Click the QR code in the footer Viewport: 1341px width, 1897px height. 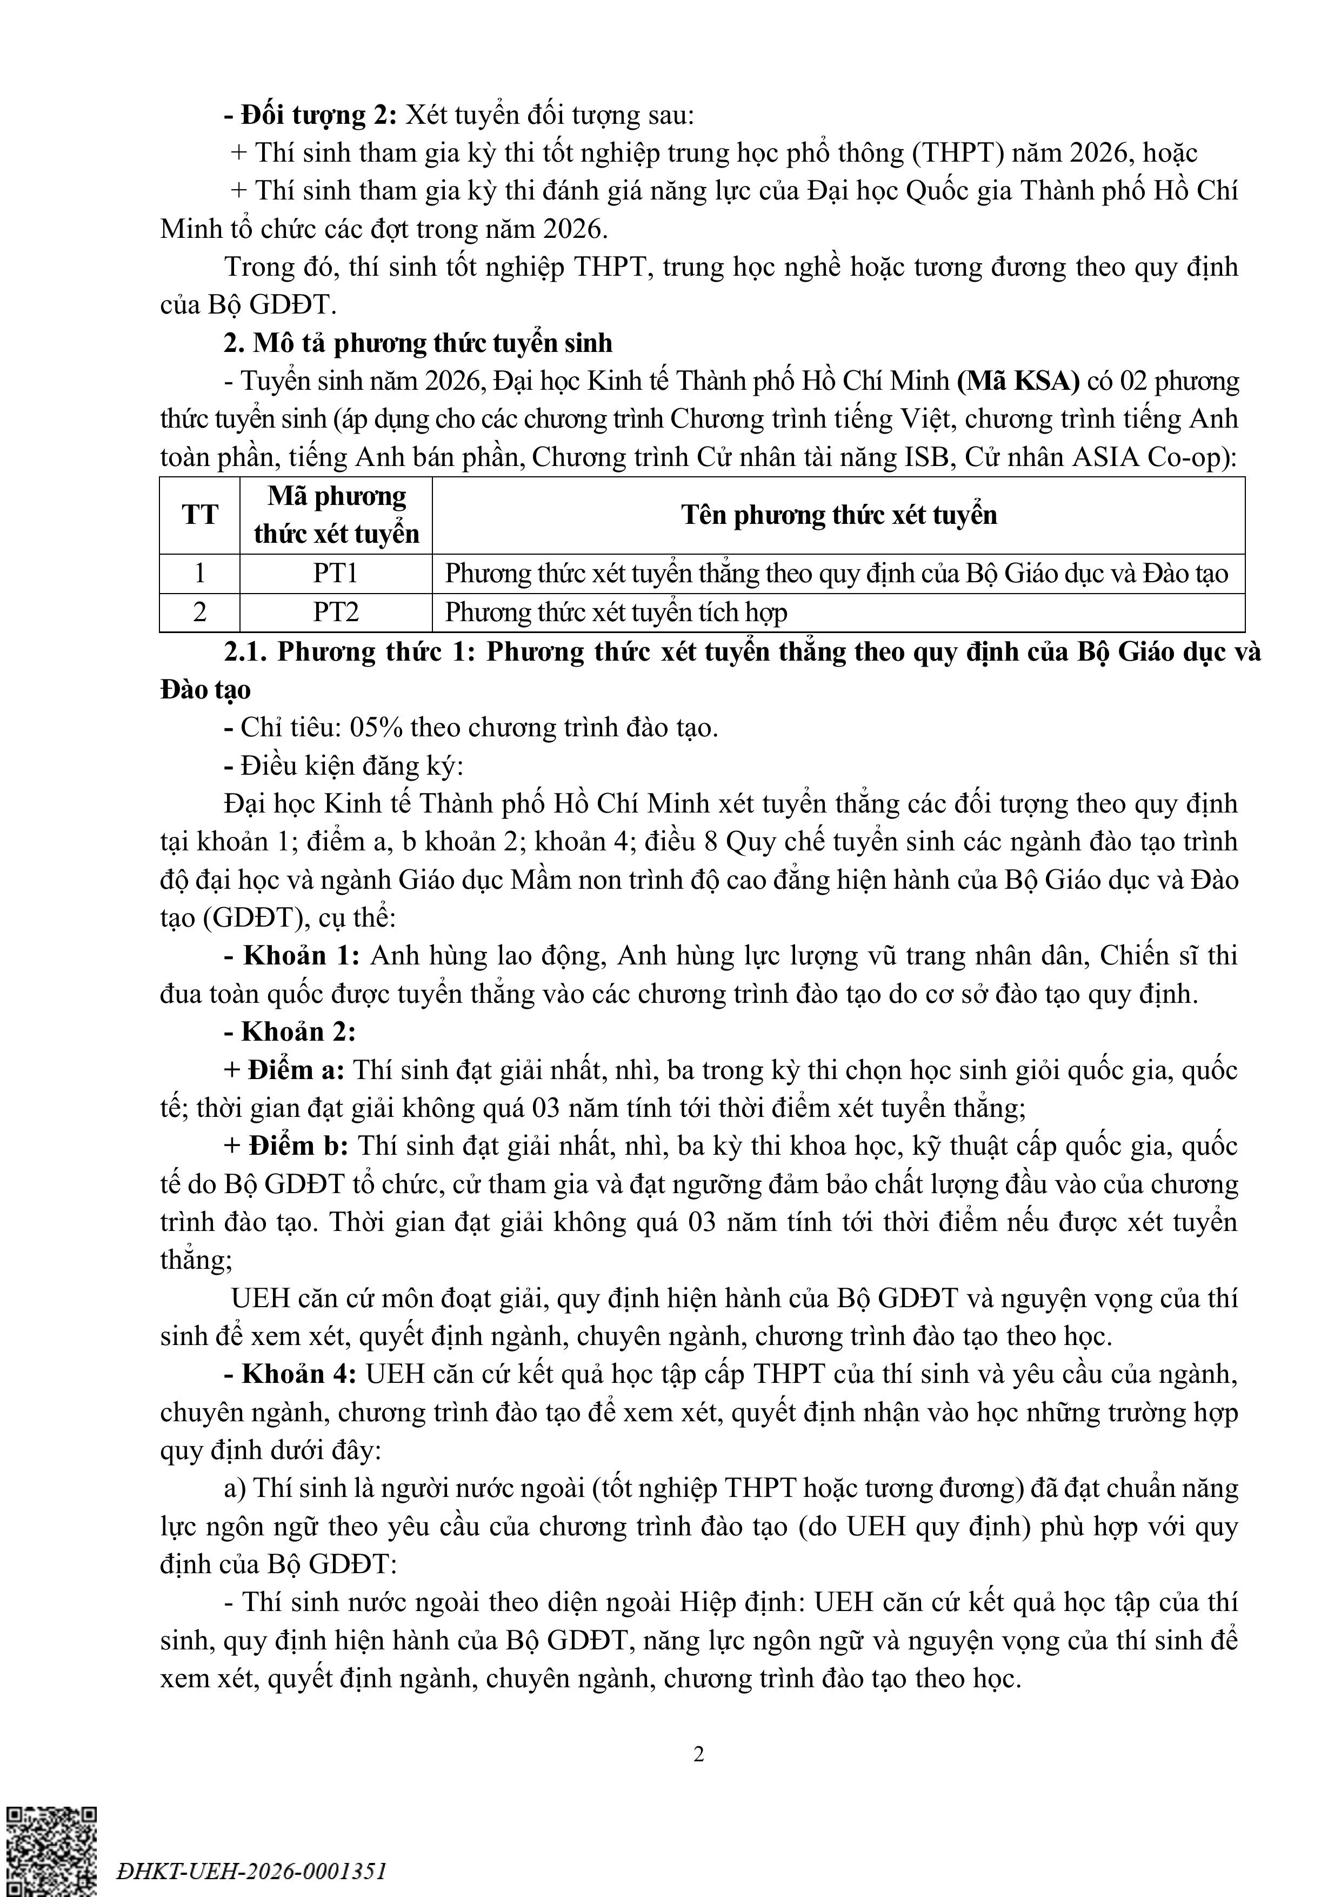click(51, 1851)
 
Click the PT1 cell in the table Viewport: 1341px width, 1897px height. click(336, 574)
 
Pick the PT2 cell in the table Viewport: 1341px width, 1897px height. click(336, 612)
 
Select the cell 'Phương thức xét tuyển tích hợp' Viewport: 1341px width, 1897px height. click(616, 612)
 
